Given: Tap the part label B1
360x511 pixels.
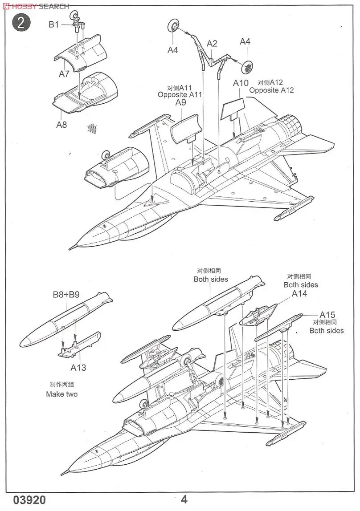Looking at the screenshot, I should coord(53,24).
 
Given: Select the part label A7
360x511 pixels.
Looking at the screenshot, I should coord(64,74).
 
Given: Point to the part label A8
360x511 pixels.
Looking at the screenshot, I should coord(61,125).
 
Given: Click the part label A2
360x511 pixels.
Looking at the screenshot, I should coord(212,43).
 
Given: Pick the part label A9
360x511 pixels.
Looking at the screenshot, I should coord(180,102).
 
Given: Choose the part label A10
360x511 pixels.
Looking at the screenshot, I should coord(241,83).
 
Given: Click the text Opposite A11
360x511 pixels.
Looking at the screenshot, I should coord(180,94).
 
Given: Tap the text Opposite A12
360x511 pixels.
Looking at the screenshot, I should coord(271,90).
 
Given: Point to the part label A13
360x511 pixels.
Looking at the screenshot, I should coord(78,368).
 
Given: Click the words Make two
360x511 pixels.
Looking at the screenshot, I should coord(61,394).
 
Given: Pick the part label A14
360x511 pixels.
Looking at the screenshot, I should coord(299,294).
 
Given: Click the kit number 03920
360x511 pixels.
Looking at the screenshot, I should coord(29,500).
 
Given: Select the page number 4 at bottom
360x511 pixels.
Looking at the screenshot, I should coord(184,499).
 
